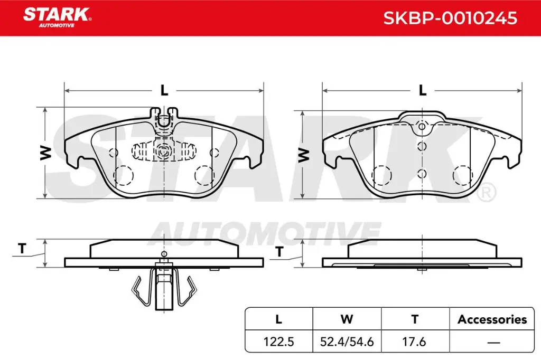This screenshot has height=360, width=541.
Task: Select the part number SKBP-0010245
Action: point(450,18)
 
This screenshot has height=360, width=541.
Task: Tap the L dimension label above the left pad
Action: point(164,91)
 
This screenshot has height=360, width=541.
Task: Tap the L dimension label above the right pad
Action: point(422,91)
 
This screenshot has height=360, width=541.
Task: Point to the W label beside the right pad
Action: point(303,154)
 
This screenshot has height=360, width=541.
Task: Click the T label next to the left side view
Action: point(22,249)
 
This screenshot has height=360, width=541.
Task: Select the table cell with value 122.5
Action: point(279,342)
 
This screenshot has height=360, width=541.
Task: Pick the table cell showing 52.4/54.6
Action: point(348,342)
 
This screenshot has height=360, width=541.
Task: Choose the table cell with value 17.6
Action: point(415,342)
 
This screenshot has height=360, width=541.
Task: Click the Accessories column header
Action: point(492,319)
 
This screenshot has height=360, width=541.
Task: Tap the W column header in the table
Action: point(347,319)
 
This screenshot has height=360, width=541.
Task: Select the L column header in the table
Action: point(279,319)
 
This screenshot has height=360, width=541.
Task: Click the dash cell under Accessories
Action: point(492,342)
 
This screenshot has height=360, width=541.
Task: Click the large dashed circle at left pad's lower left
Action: point(124,174)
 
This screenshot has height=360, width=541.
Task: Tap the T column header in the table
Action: point(415,319)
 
